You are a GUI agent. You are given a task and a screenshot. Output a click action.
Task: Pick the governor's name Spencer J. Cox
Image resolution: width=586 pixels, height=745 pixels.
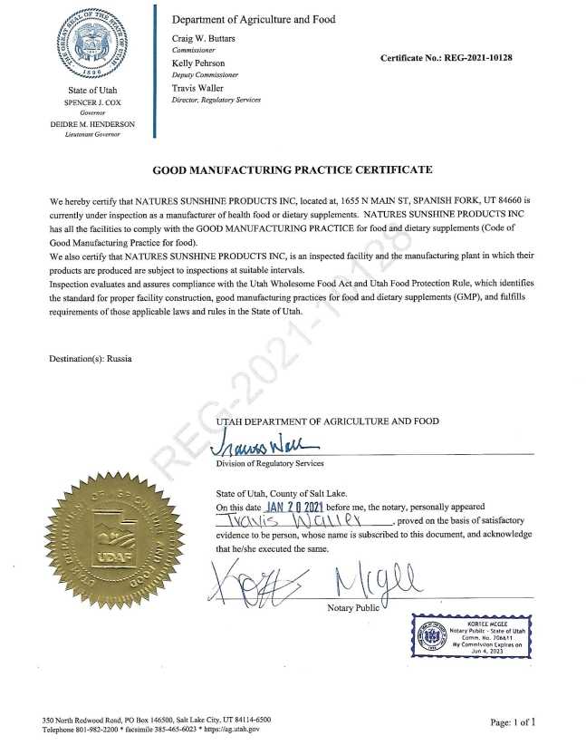point(98,104)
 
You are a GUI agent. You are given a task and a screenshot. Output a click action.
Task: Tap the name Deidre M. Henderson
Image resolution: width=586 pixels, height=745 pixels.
point(98,124)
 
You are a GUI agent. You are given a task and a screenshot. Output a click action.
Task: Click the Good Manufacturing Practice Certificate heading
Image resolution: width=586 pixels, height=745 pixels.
point(293,169)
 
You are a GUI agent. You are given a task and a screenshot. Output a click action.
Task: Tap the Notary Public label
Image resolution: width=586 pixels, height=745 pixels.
point(352,606)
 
